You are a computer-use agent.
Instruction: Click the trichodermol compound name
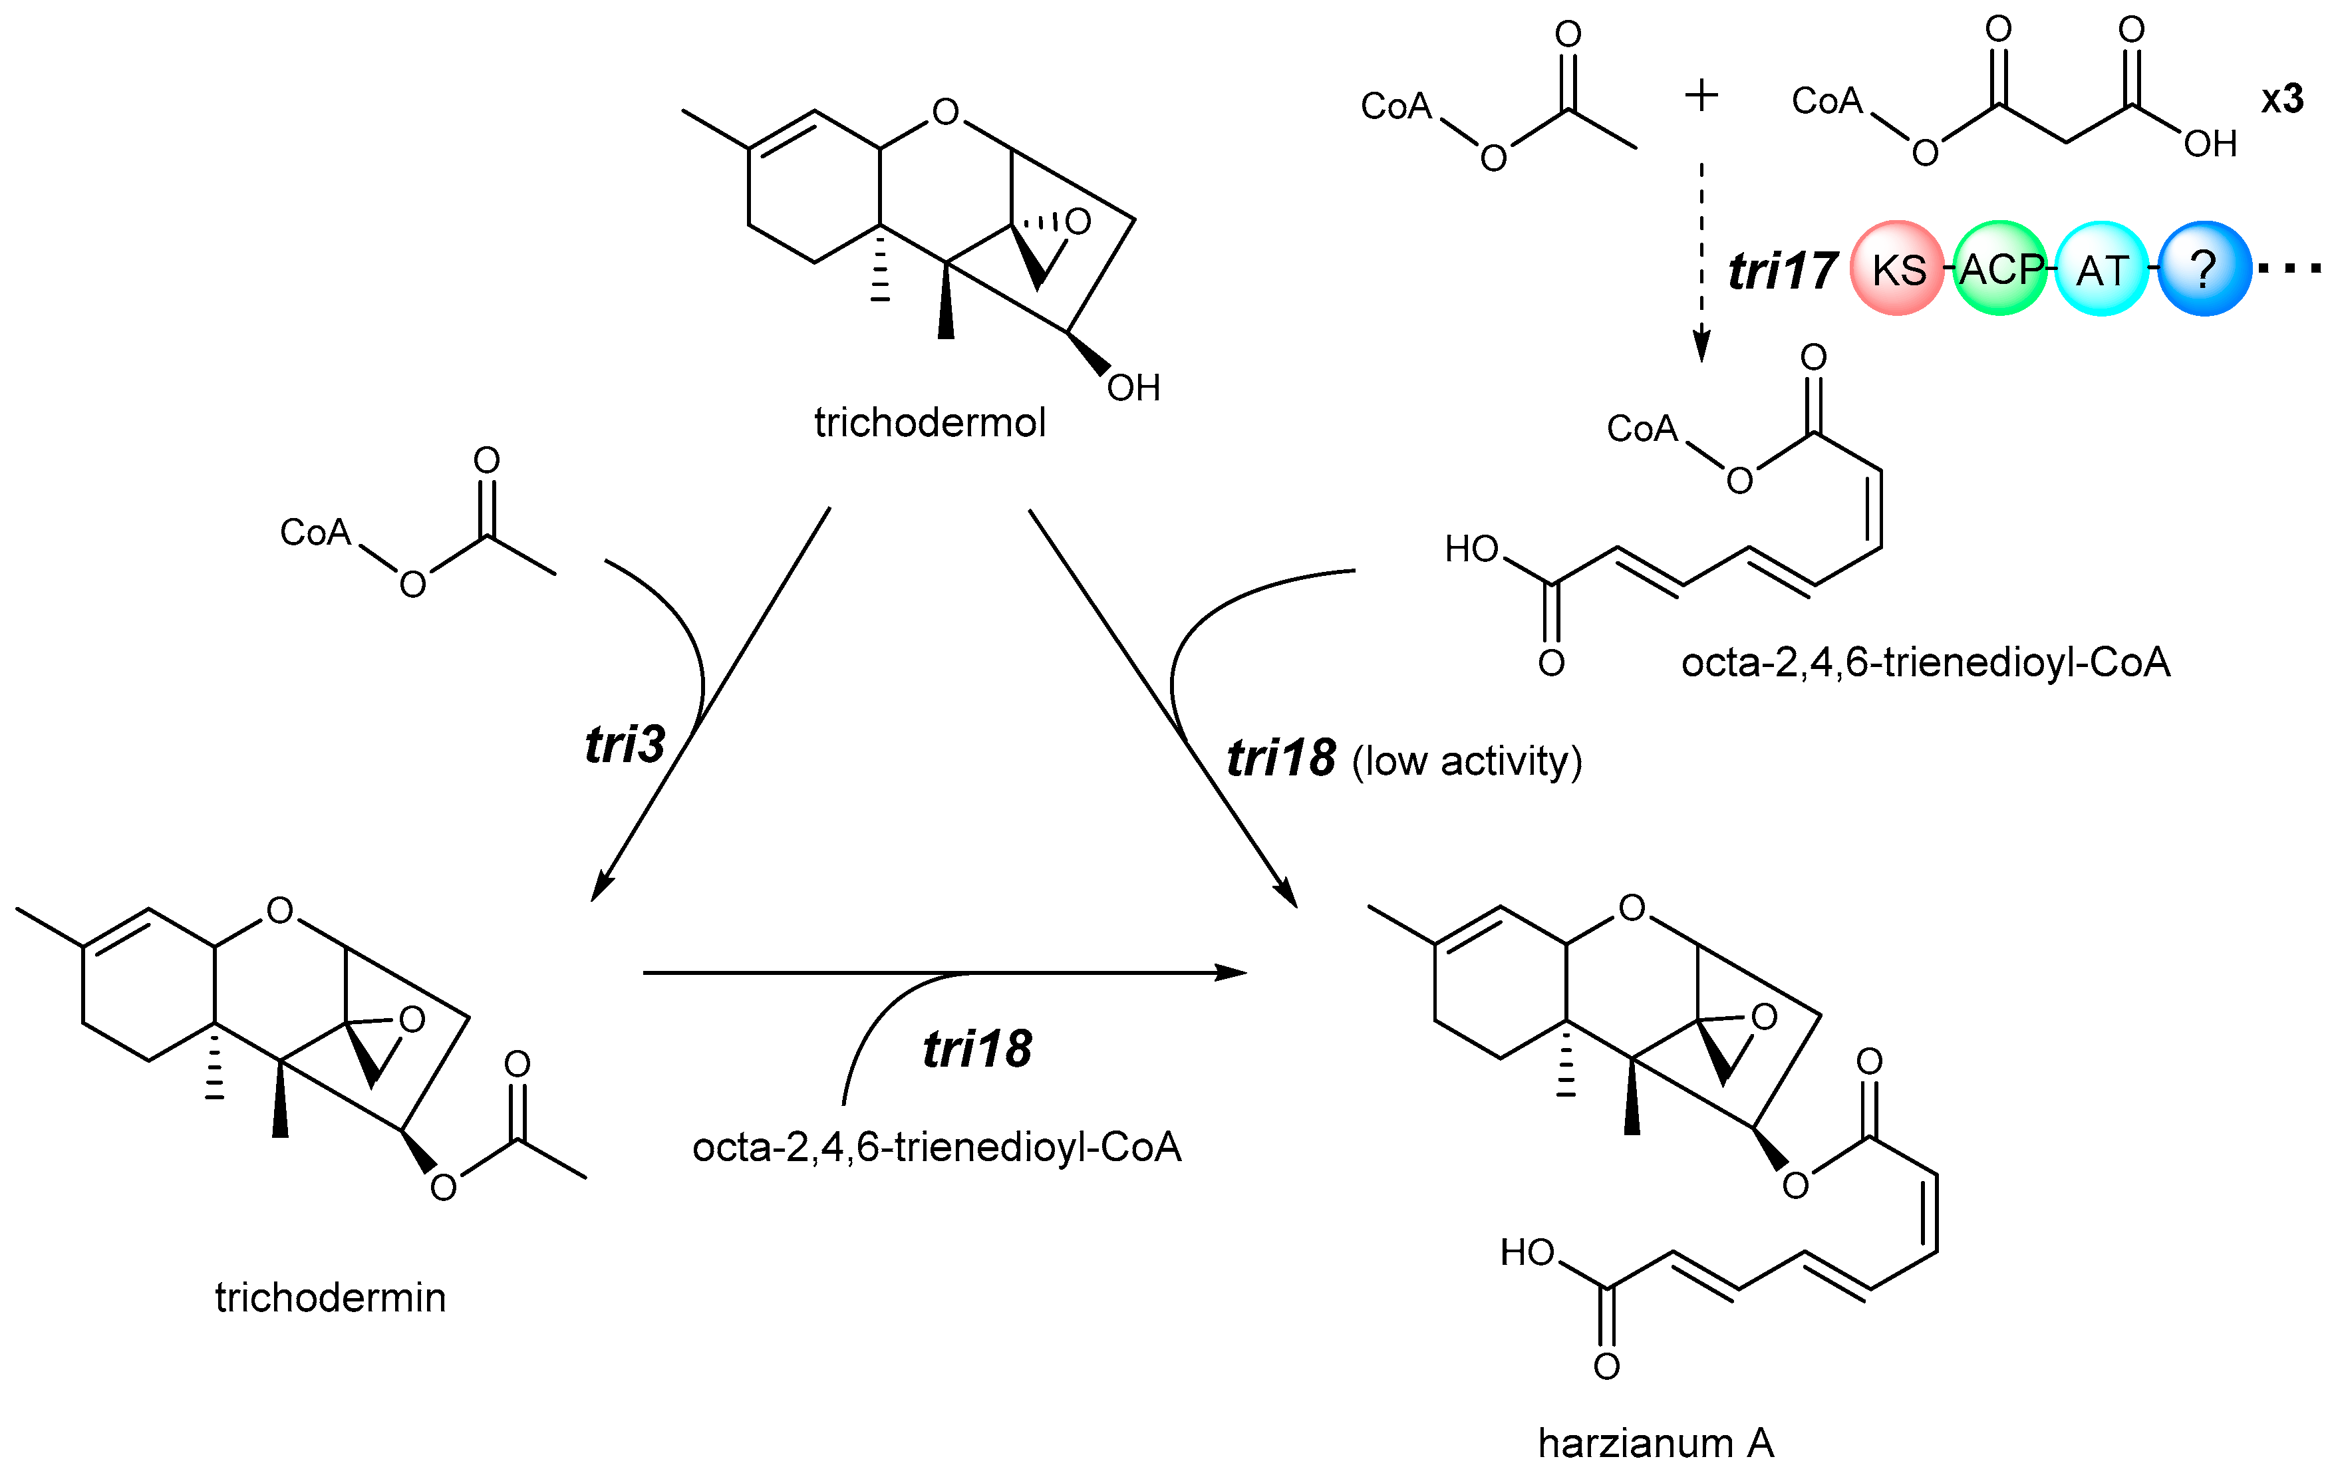click(x=930, y=423)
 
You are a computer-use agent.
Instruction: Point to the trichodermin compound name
click(x=330, y=1297)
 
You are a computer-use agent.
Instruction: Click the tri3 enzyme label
click(x=625, y=745)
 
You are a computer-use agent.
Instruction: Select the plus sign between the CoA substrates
click(x=1701, y=96)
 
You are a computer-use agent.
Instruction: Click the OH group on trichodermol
click(x=1133, y=388)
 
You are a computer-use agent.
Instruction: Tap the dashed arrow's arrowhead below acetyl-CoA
click(x=1701, y=348)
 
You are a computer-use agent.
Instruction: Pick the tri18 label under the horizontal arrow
click(x=977, y=1049)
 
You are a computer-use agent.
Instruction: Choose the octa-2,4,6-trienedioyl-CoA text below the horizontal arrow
click(x=937, y=1148)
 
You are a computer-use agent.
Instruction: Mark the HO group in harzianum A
click(x=1527, y=1253)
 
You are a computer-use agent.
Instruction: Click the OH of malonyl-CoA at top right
click(x=2210, y=144)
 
